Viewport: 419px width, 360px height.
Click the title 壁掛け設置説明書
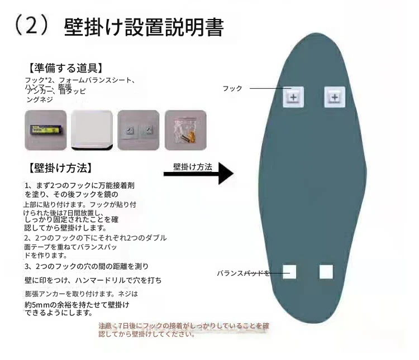point(144,27)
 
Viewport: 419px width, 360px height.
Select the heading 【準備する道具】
point(65,68)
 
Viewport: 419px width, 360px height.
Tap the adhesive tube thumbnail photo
point(46,130)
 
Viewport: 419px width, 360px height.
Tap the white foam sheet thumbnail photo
point(92,130)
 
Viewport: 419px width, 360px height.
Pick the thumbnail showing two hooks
point(138,130)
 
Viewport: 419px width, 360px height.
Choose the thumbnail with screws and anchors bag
point(185,130)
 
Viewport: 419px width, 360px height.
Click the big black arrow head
point(225,173)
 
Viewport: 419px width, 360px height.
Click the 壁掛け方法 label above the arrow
point(192,166)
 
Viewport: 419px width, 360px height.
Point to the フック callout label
point(232,89)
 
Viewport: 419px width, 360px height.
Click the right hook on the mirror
point(334,97)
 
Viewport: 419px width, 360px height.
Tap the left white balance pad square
point(289,272)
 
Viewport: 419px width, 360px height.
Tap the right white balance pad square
point(326,272)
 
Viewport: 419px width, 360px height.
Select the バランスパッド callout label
point(243,273)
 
